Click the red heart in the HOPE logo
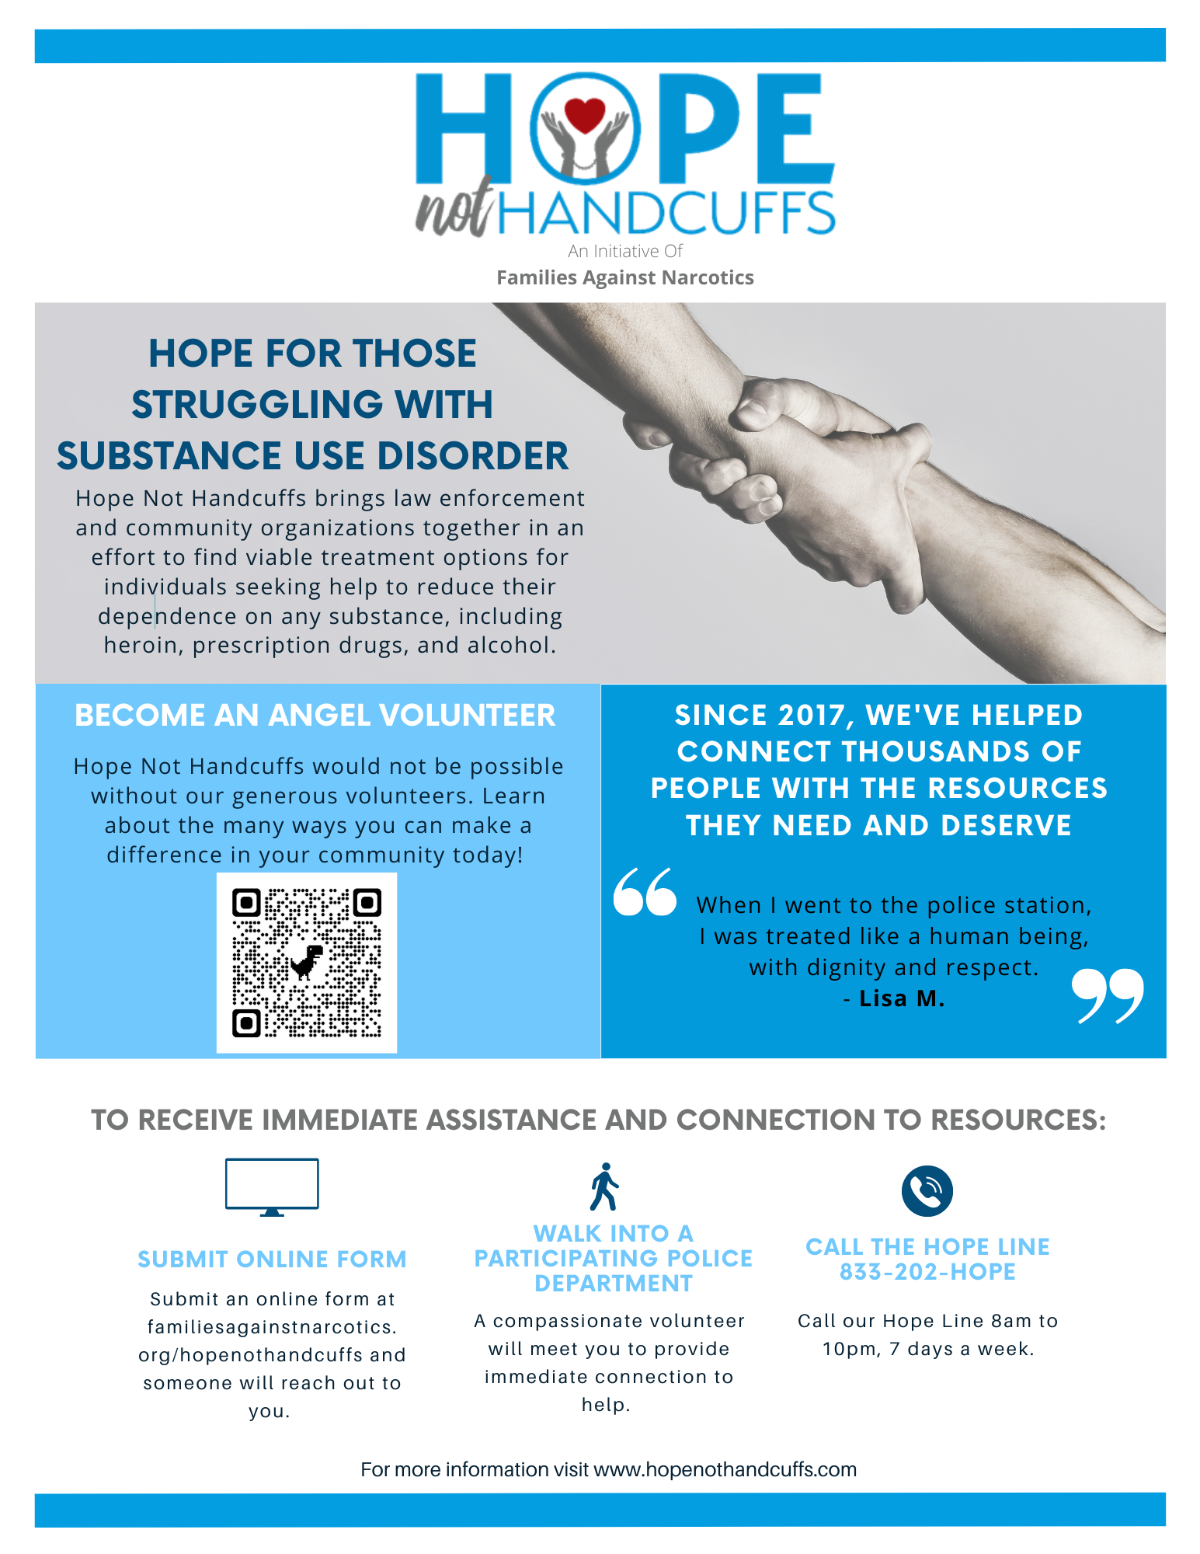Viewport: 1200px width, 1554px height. pos(584,115)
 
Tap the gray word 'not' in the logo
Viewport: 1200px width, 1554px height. pos(454,208)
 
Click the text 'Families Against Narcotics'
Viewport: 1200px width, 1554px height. pos(625,278)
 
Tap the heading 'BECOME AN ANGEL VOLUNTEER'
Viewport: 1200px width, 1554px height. pos(315,716)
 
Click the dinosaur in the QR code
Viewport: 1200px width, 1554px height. pos(307,962)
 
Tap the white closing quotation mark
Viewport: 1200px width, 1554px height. pos(1108,995)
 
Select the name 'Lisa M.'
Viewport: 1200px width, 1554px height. pos(902,998)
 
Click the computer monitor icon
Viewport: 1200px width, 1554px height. pos(272,1186)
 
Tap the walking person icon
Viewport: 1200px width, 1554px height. pos(604,1186)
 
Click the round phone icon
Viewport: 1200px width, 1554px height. pos(927,1191)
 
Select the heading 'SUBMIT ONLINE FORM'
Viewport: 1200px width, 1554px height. pos(272,1260)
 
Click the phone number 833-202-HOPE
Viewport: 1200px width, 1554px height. pos(927,1272)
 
